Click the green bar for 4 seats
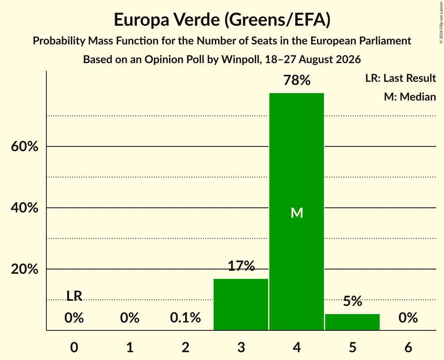(297, 212)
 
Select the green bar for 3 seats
(241, 305)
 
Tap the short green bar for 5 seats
(352, 322)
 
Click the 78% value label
(297, 80)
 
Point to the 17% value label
(241, 266)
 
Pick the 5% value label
(352, 301)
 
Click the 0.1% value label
(186, 318)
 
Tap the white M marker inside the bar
(297, 213)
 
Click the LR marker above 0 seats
(74, 296)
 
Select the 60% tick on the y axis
(24, 146)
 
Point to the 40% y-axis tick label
(24, 208)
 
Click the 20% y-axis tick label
(24, 269)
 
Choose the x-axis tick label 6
(408, 348)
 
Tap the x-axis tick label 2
(186, 348)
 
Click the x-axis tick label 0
(74, 348)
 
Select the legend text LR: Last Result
(400, 78)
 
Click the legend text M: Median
(410, 97)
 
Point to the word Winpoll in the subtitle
(241, 60)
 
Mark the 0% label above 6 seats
(408, 318)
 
